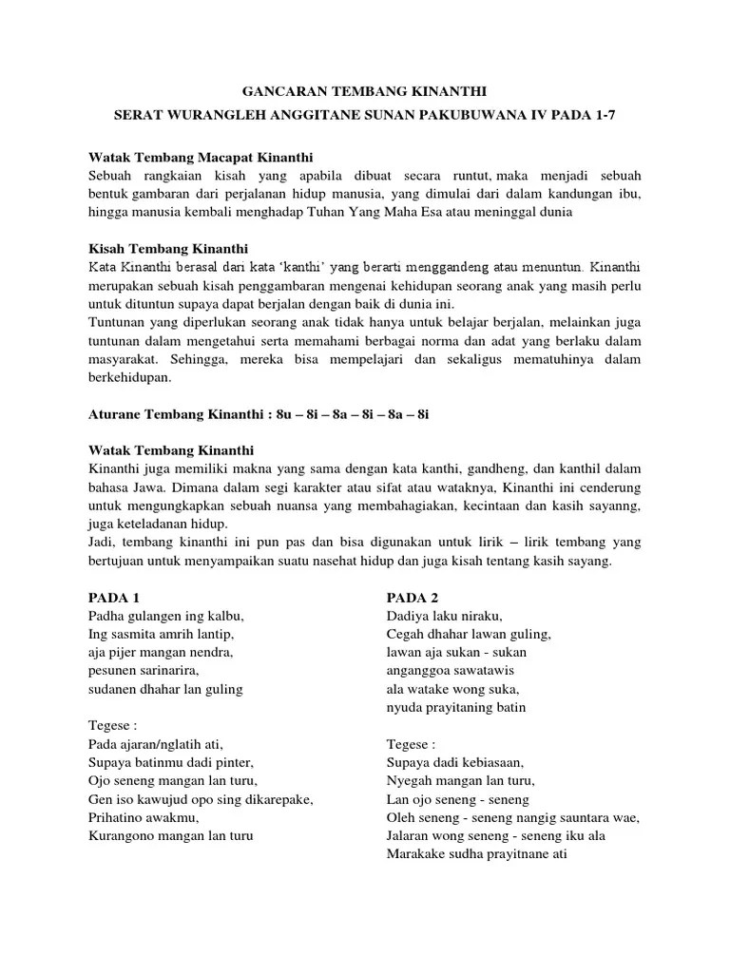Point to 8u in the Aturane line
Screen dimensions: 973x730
pyautogui.click(x=283, y=415)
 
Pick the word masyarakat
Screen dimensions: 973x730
pyautogui.click(x=124, y=359)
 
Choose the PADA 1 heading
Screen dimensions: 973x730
pyautogui.click(x=114, y=598)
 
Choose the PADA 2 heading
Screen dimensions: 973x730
pyautogui.click(x=413, y=598)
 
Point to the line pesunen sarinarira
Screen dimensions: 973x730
pyautogui.click(x=143, y=671)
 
